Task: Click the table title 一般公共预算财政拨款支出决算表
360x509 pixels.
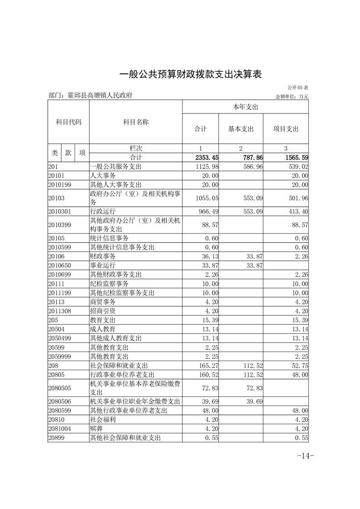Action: pos(191,74)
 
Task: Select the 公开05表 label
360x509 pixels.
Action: pos(298,87)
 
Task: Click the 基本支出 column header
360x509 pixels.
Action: pos(241,129)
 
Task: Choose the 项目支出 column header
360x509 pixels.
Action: pos(286,129)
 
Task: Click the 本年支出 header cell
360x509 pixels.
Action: pos(245,107)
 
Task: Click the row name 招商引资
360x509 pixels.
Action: pos(103,311)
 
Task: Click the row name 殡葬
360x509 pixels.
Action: pos(97,429)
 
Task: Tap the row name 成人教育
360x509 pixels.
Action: pos(103,329)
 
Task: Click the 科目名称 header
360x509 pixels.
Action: pos(136,122)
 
